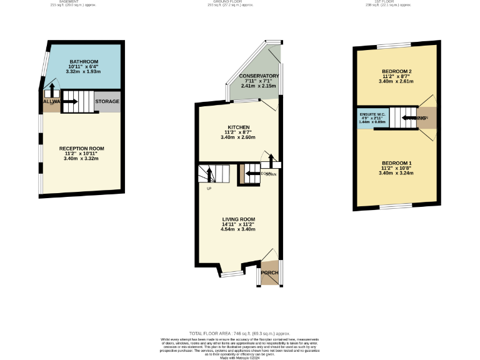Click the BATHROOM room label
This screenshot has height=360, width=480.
click(x=83, y=62)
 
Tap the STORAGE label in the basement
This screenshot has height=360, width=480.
click(x=107, y=101)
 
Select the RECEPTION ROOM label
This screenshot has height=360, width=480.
click(x=82, y=149)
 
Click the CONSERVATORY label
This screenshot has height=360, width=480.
click(x=259, y=76)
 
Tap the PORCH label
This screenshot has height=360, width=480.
click(x=269, y=273)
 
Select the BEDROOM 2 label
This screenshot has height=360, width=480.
click(x=396, y=71)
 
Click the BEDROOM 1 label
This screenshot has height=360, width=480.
click(x=396, y=162)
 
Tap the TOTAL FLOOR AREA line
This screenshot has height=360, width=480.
click(x=239, y=334)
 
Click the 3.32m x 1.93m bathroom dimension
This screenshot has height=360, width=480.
click(x=83, y=72)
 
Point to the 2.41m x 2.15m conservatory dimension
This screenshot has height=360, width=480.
click(x=258, y=86)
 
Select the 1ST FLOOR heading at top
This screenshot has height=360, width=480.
click(x=399, y=2)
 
